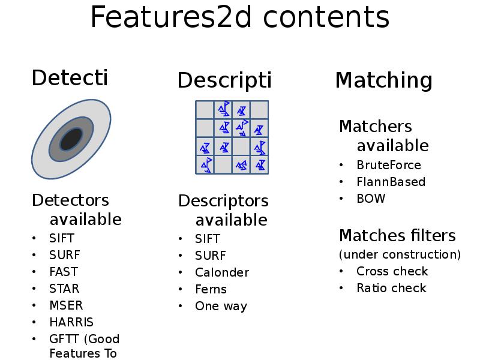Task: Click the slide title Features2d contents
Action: pos(239,17)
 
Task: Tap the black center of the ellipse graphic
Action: pos(71,140)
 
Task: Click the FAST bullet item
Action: pos(63,272)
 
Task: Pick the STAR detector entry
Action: pos(64,289)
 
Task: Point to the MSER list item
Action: pos(66,305)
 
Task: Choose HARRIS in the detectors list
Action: pos(71,322)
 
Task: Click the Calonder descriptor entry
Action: pos(221,272)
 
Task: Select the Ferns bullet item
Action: pos(211,289)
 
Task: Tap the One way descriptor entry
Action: pos(221,306)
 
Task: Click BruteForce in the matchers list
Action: pos(388,165)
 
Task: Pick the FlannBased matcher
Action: pos(391,182)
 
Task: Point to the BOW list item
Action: pos(371,199)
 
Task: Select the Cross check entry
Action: pos(392,271)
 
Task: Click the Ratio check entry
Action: pos(391,288)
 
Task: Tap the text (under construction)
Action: pos(400,254)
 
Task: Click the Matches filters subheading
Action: pos(397,235)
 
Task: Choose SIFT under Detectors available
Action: pos(62,238)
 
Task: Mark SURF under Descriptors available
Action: pos(210,256)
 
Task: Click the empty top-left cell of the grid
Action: pos(205,110)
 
